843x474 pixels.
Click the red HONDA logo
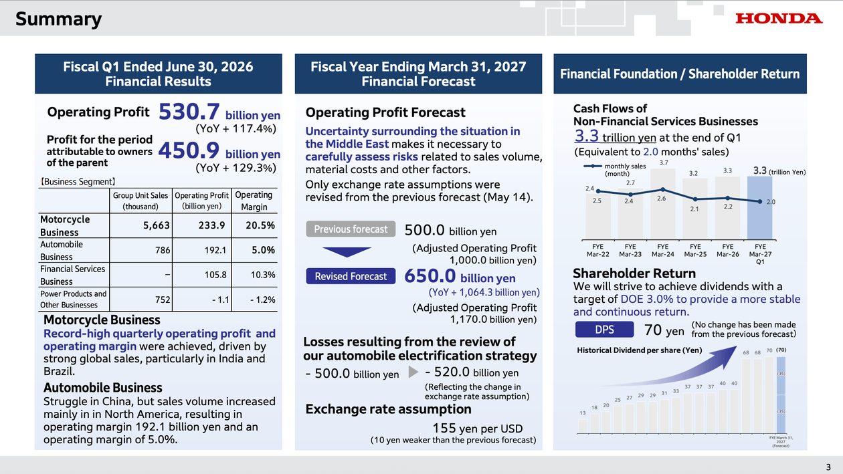(x=779, y=19)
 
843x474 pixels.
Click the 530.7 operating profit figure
(x=189, y=112)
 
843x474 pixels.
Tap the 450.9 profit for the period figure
(x=189, y=150)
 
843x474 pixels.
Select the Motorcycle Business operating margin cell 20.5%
(x=260, y=225)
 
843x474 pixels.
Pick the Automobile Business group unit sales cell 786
(x=163, y=250)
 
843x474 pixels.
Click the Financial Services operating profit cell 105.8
(x=215, y=275)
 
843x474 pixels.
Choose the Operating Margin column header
(x=254, y=201)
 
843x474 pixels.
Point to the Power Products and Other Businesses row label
(x=74, y=300)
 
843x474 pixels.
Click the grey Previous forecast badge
(x=351, y=229)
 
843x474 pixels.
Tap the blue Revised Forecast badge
(x=351, y=276)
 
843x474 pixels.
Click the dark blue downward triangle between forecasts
(x=347, y=251)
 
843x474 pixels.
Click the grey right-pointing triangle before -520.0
(x=413, y=372)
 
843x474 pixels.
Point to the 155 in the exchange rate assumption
(x=444, y=428)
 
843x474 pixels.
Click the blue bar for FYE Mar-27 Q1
(x=759, y=208)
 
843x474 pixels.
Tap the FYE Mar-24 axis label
(x=663, y=250)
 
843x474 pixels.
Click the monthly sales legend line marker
(x=592, y=166)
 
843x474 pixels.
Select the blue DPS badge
(x=604, y=330)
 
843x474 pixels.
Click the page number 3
(x=828, y=467)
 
